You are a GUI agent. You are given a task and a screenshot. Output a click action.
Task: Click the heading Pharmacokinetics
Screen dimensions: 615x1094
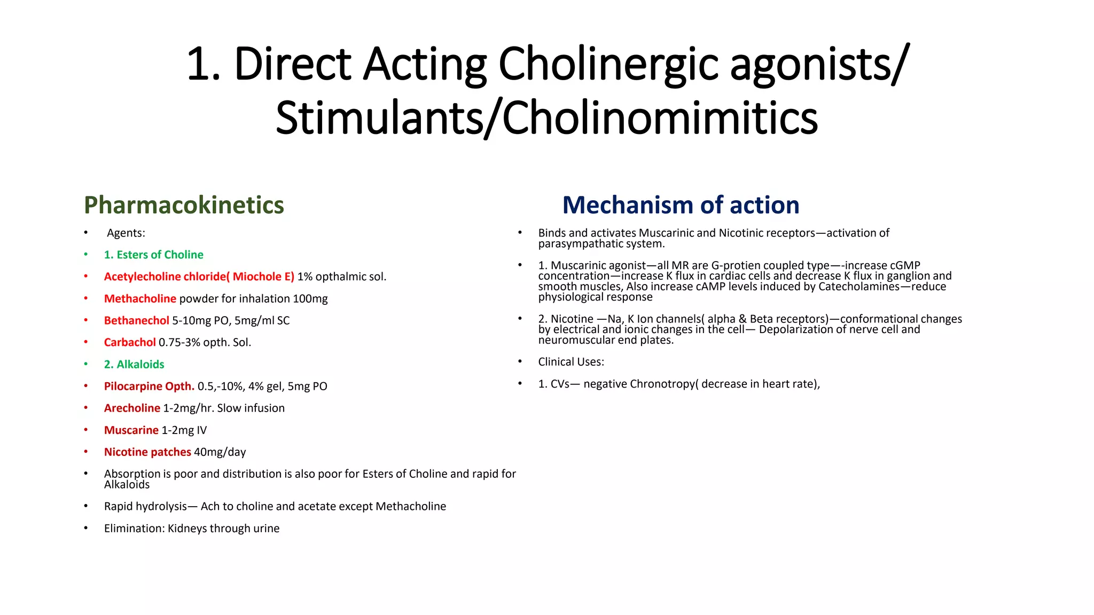pyautogui.click(x=184, y=206)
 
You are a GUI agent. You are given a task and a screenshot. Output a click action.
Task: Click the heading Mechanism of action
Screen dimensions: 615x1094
pyautogui.click(x=681, y=206)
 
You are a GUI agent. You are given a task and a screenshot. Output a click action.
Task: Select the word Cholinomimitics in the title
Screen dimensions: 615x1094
pyautogui.click(x=660, y=119)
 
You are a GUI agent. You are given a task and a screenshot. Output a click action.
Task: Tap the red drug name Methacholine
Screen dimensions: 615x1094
pyautogui.click(x=140, y=299)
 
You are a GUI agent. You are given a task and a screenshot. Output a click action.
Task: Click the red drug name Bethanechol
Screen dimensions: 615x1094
pyautogui.click(x=136, y=321)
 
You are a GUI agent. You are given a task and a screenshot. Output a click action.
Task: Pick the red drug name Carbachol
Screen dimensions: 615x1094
pyautogui.click(x=130, y=343)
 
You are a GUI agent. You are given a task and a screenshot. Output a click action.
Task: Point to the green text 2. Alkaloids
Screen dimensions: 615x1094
pyautogui.click(x=134, y=365)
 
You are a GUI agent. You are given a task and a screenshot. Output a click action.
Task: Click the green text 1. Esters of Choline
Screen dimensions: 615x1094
pyautogui.click(x=153, y=255)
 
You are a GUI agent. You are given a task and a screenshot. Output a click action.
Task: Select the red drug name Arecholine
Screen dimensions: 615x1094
pyautogui.click(x=132, y=408)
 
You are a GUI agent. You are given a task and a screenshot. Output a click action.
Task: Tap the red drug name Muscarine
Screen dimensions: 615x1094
pyautogui.click(x=131, y=430)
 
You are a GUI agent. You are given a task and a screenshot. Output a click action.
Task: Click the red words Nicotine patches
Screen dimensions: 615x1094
pyautogui.click(x=147, y=452)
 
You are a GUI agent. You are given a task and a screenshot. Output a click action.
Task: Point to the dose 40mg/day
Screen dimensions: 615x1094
pyautogui.click(x=220, y=452)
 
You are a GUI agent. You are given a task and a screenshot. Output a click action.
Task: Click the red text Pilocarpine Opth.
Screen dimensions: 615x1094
pyautogui.click(x=149, y=387)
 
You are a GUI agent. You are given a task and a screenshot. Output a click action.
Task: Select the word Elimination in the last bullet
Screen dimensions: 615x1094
pyautogui.click(x=134, y=529)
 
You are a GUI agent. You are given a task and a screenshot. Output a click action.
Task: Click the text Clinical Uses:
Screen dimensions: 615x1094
pyautogui.click(x=571, y=362)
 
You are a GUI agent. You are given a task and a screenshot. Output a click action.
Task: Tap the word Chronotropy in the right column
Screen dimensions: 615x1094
pyautogui.click(x=663, y=384)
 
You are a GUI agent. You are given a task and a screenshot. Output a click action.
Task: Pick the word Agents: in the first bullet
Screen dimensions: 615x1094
pyautogui.click(x=126, y=233)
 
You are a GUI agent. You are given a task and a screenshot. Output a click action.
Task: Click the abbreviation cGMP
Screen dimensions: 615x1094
pyautogui.click(x=905, y=266)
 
